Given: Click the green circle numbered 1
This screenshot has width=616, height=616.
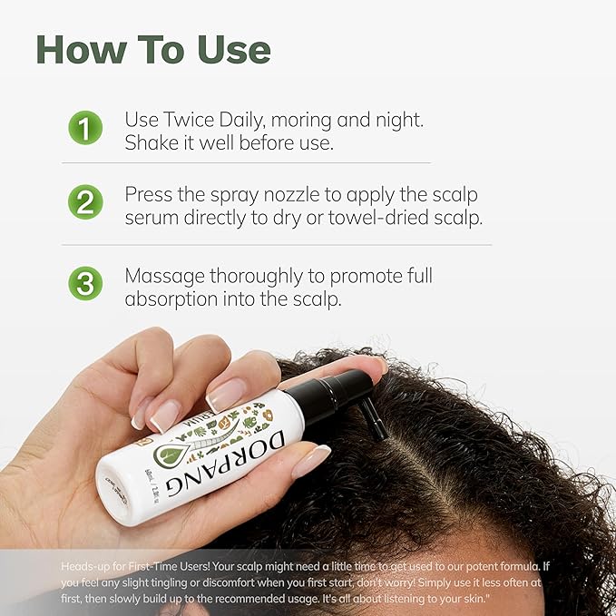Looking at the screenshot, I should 84,129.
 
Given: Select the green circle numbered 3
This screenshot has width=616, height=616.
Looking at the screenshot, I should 84,284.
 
